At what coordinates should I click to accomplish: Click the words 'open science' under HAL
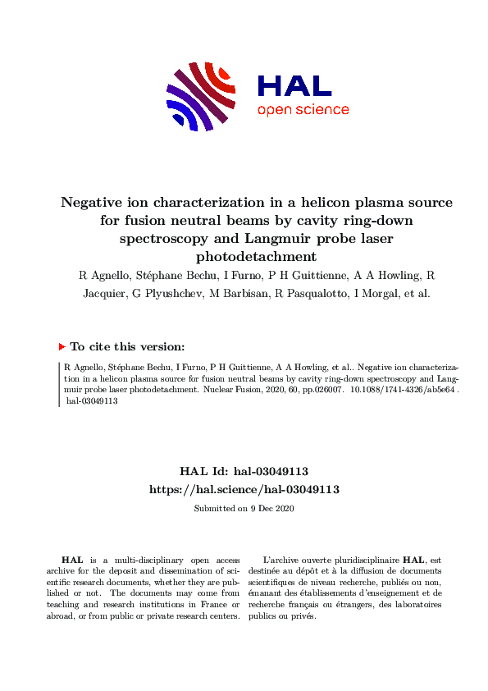303,110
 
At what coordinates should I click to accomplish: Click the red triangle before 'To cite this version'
62,347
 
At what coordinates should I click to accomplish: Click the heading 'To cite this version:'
127,347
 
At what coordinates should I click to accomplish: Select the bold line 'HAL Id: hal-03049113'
244,472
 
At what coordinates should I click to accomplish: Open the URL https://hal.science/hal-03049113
244,489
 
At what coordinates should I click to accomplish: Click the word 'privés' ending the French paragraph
303,615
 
